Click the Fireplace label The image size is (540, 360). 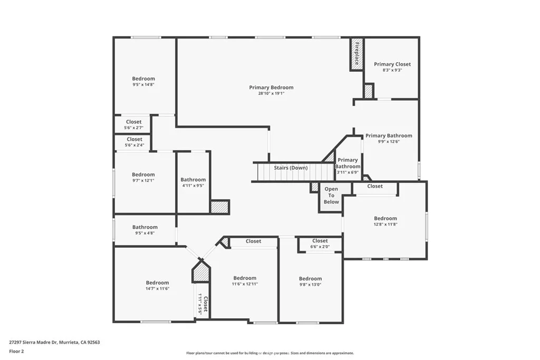tap(357, 53)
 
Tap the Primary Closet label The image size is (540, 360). tap(392, 64)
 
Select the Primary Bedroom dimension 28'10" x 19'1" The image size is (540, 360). tap(272, 93)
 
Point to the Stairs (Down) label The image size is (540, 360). tap(291, 168)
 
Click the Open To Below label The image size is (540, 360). tap(331, 196)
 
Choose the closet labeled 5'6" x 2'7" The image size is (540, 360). tap(133, 124)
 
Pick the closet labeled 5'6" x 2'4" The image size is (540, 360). tap(134, 142)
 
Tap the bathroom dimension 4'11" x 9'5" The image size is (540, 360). tap(193, 186)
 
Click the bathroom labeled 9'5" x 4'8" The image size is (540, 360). tap(145, 230)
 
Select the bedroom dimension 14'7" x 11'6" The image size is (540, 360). tap(157, 289)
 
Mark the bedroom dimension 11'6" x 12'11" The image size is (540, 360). tap(245, 284)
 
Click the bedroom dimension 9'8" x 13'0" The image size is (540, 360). tap(310, 285)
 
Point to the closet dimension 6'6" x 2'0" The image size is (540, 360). tap(320, 247)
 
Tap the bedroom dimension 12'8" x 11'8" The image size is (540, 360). tap(385, 225)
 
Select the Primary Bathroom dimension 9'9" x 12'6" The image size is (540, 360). tap(389, 141)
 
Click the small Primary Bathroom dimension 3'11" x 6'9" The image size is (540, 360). tap(348, 172)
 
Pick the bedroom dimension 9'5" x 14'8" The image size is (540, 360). tap(143, 84)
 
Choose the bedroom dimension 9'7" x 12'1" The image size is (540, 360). tap(143, 180)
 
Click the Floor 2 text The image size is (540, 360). tap(16, 352)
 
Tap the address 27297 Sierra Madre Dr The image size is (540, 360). tap(33, 343)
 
